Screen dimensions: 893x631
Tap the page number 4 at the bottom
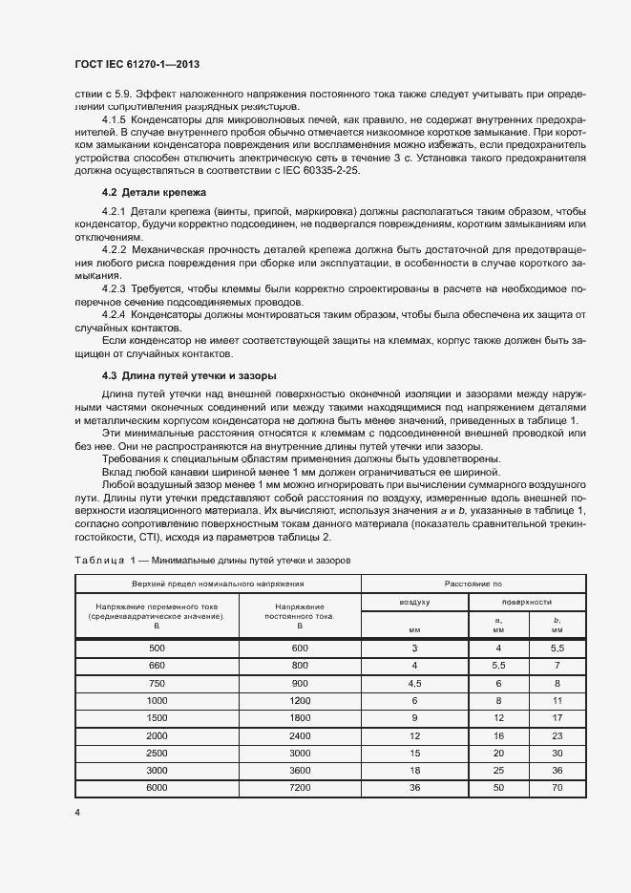click(75, 812)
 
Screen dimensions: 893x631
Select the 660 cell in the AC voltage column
click(157, 664)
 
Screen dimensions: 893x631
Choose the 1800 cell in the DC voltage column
click(300, 716)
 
